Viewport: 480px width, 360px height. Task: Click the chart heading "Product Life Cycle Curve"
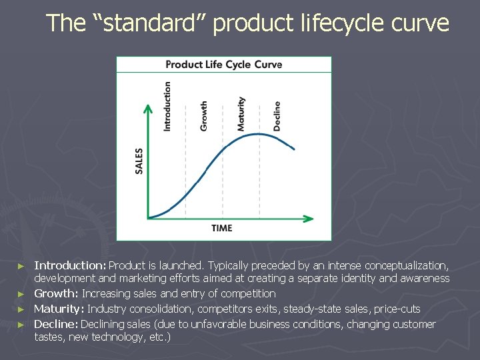(223, 65)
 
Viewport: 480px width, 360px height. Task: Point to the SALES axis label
(139, 161)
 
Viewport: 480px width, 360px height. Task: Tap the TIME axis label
(222, 228)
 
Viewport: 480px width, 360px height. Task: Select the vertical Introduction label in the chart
(167, 106)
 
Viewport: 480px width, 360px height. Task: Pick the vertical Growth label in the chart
(204, 115)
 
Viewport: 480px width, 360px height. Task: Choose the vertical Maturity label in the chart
(241, 114)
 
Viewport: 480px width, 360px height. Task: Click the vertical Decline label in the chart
(277, 115)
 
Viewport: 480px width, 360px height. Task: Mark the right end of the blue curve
(294, 149)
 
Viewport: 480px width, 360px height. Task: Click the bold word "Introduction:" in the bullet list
(71, 266)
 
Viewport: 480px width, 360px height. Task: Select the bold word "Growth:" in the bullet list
(57, 293)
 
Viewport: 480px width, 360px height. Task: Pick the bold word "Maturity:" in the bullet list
(59, 309)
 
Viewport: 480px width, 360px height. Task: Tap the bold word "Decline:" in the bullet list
(56, 324)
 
